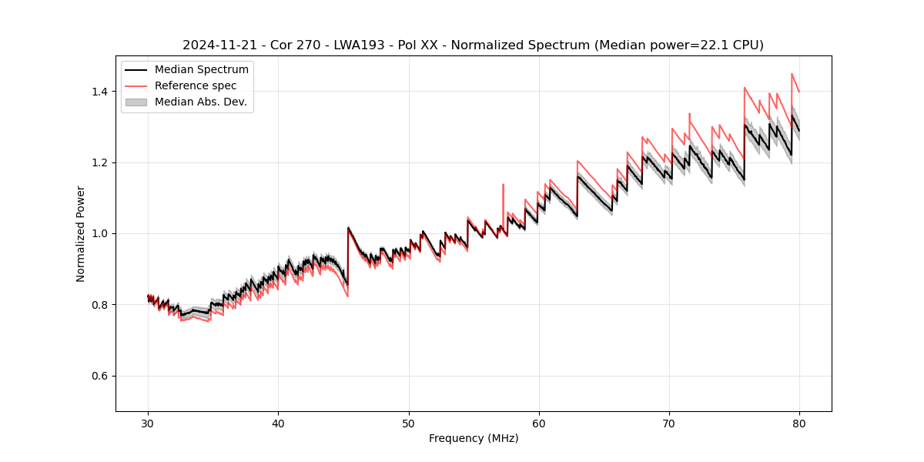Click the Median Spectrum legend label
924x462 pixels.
point(202,70)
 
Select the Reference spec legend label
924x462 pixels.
point(196,85)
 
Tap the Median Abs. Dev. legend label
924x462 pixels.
point(200,102)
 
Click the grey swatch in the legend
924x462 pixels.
point(136,102)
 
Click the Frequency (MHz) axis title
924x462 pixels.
point(474,438)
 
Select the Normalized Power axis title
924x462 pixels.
point(81,233)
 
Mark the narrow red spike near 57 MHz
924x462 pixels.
point(503,185)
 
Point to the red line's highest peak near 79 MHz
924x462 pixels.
point(792,75)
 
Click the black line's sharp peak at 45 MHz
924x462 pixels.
point(348,228)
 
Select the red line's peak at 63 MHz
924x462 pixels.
point(577,161)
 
